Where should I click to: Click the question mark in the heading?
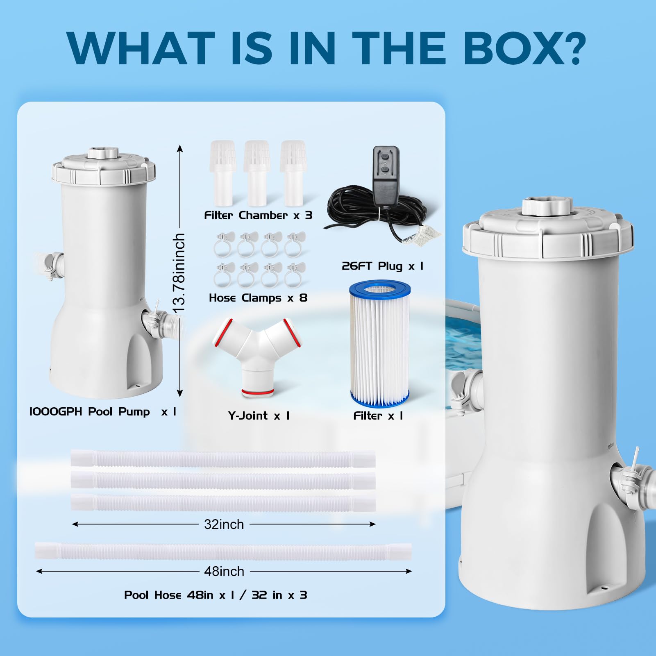[569, 48]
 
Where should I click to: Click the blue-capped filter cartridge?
[380, 343]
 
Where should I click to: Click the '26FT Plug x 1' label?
[382, 266]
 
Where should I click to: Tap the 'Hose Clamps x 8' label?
[258, 298]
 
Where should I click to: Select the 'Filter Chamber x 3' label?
[258, 215]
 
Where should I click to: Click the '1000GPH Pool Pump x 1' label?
[103, 412]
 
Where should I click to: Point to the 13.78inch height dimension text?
[179, 273]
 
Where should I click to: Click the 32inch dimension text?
[224, 524]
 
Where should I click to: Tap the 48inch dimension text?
[224, 571]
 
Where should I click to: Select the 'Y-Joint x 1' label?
[259, 416]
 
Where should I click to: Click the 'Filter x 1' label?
[378, 416]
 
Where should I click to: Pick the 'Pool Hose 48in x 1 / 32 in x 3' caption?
[216, 595]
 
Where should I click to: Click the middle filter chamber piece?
[256, 173]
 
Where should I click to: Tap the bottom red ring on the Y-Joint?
[258, 393]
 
